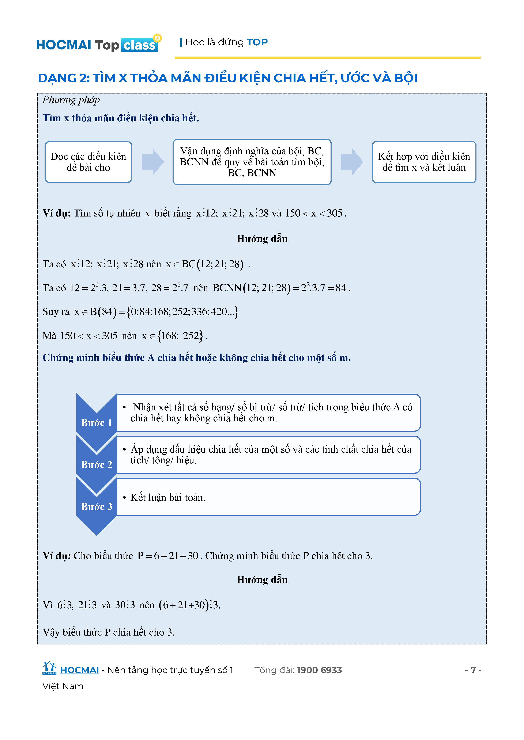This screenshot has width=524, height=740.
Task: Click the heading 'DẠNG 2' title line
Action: click(x=227, y=78)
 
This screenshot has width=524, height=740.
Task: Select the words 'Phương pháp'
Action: click(x=71, y=100)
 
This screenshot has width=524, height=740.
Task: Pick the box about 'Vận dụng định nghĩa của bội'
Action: click(x=252, y=162)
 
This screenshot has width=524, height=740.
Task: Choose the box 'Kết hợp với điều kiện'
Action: click(x=424, y=162)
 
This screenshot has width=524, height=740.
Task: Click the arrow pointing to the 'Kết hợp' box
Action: click(x=352, y=162)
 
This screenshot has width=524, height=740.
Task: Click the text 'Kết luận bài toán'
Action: click(x=167, y=497)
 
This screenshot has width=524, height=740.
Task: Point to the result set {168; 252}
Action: click(x=180, y=336)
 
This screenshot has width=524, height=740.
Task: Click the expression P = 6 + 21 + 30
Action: click(x=168, y=556)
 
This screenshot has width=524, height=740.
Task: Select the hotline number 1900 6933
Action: click(x=319, y=670)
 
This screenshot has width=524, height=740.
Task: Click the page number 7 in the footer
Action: click(x=473, y=670)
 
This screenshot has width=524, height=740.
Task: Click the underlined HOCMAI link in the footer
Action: click(x=79, y=670)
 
